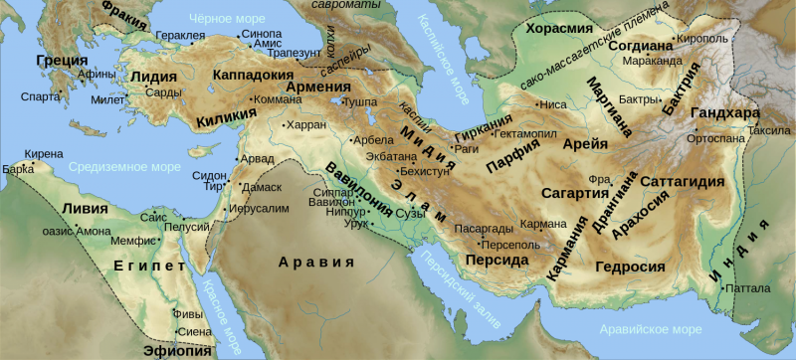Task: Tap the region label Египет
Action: (x=149, y=266)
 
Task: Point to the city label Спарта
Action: (x=37, y=96)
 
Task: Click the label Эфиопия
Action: (x=179, y=350)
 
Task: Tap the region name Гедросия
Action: (x=629, y=267)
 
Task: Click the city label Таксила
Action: (x=766, y=130)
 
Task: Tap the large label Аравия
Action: (x=315, y=263)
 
